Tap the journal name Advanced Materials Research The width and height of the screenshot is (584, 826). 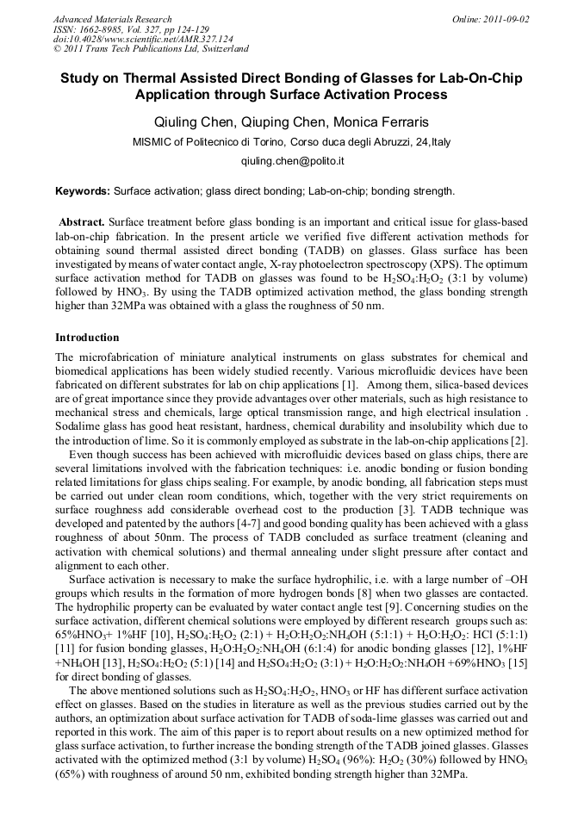[x=113, y=19]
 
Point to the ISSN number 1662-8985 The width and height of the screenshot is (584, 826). [x=101, y=29]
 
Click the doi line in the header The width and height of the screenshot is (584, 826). [x=143, y=39]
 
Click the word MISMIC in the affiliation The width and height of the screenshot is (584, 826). [x=152, y=142]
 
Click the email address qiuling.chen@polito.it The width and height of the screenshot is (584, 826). [x=292, y=161]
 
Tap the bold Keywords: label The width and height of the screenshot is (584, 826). [x=83, y=190]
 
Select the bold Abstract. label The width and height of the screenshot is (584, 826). [x=83, y=221]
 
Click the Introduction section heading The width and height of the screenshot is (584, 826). [x=87, y=337]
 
